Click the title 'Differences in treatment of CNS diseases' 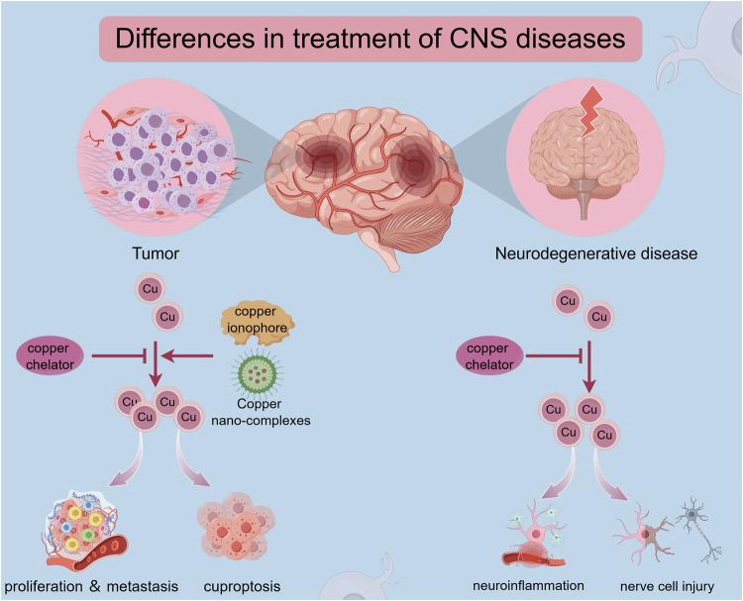click(x=371, y=41)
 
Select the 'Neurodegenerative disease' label click(x=596, y=253)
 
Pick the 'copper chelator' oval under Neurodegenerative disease click(x=490, y=355)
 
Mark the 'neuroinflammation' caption click(x=555, y=584)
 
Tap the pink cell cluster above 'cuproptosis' click(x=235, y=525)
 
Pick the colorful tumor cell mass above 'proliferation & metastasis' click(x=82, y=530)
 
